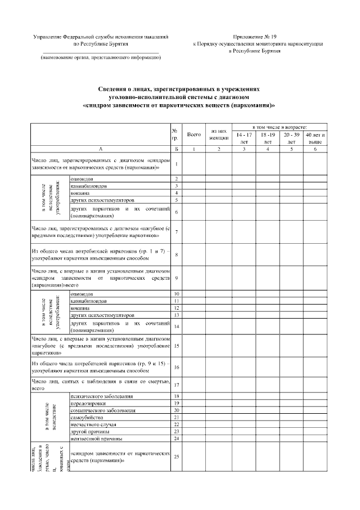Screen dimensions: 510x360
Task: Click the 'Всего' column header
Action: [193, 135]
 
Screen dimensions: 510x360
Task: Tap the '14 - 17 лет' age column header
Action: [244, 138]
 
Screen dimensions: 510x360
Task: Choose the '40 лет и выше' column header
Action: [315, 138]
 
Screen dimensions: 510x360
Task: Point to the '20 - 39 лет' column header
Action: [291, 138]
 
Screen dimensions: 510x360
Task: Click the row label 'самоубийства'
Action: [85, 417]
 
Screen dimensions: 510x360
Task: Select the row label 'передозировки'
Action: [88, 403]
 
